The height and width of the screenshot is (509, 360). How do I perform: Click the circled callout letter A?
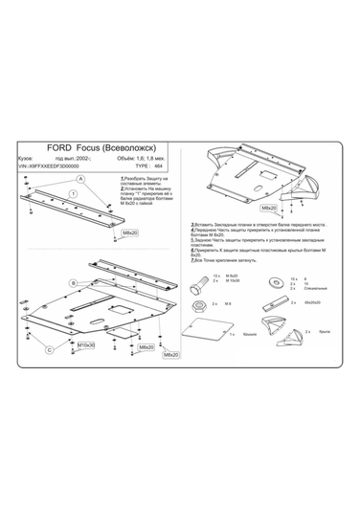(81, 179)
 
